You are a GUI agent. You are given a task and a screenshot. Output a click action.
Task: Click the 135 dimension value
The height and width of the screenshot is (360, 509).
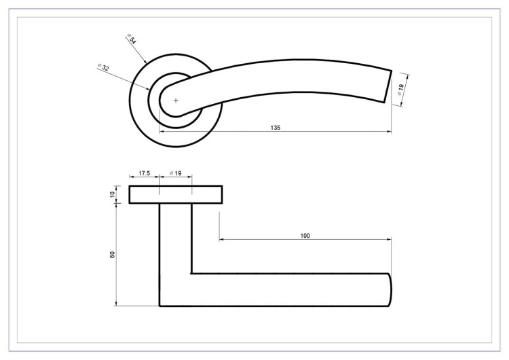[x=276, y=127]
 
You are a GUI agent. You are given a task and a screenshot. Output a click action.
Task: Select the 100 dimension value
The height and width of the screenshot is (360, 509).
[x=305, y=235]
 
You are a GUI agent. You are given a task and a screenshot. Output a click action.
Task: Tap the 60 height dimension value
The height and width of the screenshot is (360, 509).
[x=113, y=254]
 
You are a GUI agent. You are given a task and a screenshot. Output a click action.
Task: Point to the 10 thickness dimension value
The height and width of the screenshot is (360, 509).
[x=113, y=195]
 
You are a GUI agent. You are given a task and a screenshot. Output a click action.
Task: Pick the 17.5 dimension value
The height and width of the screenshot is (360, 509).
[x=144, y=174]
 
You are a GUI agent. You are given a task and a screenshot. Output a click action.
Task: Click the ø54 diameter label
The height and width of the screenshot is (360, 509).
[x=132, y=39]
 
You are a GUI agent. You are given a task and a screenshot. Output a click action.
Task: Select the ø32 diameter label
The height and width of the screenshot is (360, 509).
[x=104, y=67]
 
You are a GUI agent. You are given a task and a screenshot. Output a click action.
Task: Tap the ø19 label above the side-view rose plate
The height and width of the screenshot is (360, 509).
[x=175, y=174]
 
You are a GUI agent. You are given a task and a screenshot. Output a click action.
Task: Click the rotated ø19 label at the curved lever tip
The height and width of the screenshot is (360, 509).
[x=400, y=88]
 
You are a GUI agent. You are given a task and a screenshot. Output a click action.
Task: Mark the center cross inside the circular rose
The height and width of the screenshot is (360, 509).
[x=176, y=101]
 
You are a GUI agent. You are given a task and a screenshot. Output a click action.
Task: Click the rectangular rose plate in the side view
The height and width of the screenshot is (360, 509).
[x=175, y=195]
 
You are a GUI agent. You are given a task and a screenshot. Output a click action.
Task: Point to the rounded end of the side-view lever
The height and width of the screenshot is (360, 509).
[x=390, y=290]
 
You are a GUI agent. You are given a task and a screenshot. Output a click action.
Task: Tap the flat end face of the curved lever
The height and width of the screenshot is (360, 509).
[x=388, y=86]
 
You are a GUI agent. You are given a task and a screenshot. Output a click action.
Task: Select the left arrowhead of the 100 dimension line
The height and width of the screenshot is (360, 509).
[x=221, y=240]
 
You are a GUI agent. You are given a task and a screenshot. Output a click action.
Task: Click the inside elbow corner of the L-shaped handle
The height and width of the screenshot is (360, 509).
[x=191, y=274]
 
